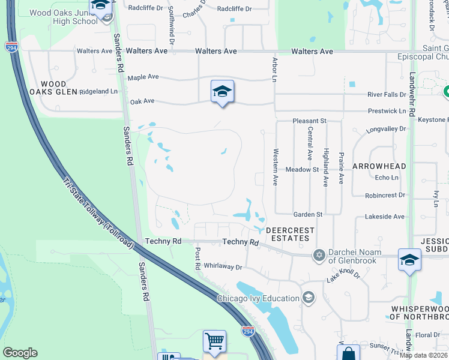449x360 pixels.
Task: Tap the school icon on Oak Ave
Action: (x=222, y=92)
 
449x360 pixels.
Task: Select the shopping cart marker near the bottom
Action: (x=214, y=341)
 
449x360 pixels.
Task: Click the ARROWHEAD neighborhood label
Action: (x=379, y=166)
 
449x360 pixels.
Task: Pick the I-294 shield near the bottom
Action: (x=247, y=331)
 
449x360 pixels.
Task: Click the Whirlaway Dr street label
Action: (x=223, y=267)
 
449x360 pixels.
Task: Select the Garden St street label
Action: (x=308, y=214)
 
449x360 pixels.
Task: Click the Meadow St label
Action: (x=301, y=170)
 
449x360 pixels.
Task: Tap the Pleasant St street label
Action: (x=309, y=121)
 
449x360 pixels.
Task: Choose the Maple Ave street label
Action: (x=143, y=77)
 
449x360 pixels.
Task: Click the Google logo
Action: (x=20, y=353)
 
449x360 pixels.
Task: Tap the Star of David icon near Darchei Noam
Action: (x=319, y=256)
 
